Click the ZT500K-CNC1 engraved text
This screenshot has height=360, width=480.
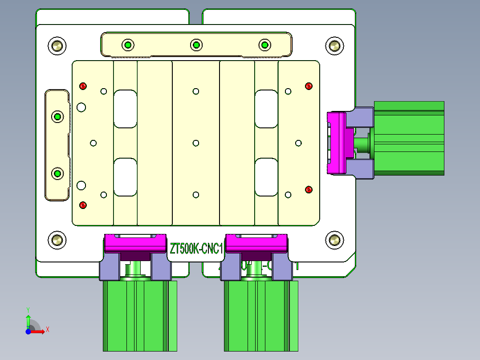[196, 249]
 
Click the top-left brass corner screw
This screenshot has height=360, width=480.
[57, 45]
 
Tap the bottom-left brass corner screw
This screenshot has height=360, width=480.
[57, 240]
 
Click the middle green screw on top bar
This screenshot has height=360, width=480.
[196, 45]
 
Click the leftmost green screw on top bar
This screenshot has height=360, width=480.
[128, 45]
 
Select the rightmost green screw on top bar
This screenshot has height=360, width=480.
[264, 45]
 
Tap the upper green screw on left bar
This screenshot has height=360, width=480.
[57, 117]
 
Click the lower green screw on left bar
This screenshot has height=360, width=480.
[57, 173]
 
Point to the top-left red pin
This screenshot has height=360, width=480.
[83, 86]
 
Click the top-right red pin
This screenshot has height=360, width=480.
[309, 86]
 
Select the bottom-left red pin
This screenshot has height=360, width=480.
[82, 205]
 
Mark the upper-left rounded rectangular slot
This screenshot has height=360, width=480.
[125, 109]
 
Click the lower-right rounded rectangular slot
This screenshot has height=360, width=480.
[267, 177]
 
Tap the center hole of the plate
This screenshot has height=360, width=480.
[196, 143]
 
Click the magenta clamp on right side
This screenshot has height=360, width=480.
[337, 143]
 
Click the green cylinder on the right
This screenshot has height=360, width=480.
[409, 138]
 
